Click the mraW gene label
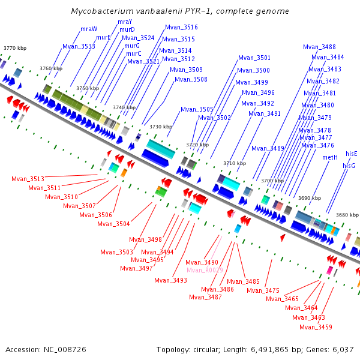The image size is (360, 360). [x=89, y=29]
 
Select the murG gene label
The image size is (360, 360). [x=132, y=46]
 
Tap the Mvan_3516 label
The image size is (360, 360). [x=181, y=28]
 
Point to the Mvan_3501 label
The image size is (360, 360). [x=254, y=58]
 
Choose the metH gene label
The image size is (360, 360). [x=330, y=157]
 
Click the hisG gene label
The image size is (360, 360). [x=349, y=166]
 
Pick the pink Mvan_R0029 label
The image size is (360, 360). [x=205, y=270]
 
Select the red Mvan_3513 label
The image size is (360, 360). [x=28, y=179]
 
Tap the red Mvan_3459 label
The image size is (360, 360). [x=316, y=327]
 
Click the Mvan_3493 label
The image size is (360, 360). [x=170, y=280]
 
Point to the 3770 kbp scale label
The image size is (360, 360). [x=15, y=48]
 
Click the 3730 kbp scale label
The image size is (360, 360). [x=161, y=127]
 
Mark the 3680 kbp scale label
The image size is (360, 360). [x=347, y=215]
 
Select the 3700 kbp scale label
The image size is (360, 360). [x=272, y=181]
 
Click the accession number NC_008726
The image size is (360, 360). [x=65, y=350]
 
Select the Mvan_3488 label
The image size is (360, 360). [x=319, y=47]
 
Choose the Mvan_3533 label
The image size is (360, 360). [x=79, y=46]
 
